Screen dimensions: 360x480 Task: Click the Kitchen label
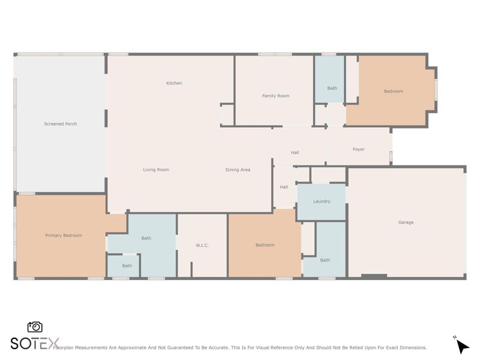click(174, 83)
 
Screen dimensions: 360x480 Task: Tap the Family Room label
click(275, 96)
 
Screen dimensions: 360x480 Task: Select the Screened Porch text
click(61, 124)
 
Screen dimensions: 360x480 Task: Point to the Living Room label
click(156, 170)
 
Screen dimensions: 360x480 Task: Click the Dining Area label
click(238, 170)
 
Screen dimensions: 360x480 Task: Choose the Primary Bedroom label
click(64, 236)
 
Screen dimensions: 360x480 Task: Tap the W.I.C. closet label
click(202, 245)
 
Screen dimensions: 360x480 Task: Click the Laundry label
click(322, 202)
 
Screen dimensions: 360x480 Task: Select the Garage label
click(406, 223)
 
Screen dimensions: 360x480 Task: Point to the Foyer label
click(358, 149)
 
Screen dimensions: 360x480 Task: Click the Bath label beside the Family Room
click(332, 88)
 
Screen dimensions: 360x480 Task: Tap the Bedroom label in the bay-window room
click(393, 91)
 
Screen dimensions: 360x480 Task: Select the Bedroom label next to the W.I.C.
click(265, 245)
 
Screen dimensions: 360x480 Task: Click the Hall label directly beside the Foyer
click(295, 152)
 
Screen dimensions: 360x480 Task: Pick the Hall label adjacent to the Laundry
click(284, 187)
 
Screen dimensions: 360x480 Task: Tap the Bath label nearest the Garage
click(325, 260)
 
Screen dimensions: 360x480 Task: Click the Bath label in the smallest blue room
click(127, 266)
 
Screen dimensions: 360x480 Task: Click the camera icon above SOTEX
click(35, 327)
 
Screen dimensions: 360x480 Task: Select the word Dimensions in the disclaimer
click(412, 347)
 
